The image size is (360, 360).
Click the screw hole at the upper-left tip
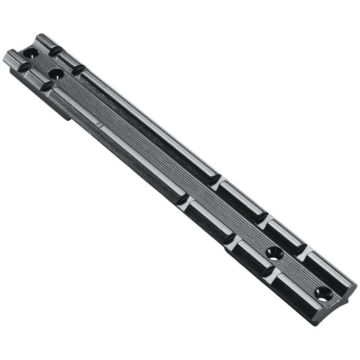point(30,52)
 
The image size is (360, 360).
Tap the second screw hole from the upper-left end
point(55,72)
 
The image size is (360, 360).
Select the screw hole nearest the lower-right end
point(323,293)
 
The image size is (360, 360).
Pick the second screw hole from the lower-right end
point(274,253)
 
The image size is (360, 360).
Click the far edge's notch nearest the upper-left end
point(53,49)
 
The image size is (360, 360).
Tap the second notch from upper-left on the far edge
point(78,68)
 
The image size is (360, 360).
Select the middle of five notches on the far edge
point(215,180)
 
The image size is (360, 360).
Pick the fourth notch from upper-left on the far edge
point(261,218)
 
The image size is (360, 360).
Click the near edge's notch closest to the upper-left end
point(23,67)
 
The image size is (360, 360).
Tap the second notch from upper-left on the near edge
point(47,86)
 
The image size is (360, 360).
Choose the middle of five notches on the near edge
point(182,200)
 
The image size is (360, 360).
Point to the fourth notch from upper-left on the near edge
point(230,238)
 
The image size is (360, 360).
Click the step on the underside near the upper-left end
point(68,116)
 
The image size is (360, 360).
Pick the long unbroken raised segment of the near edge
point(115,142)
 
